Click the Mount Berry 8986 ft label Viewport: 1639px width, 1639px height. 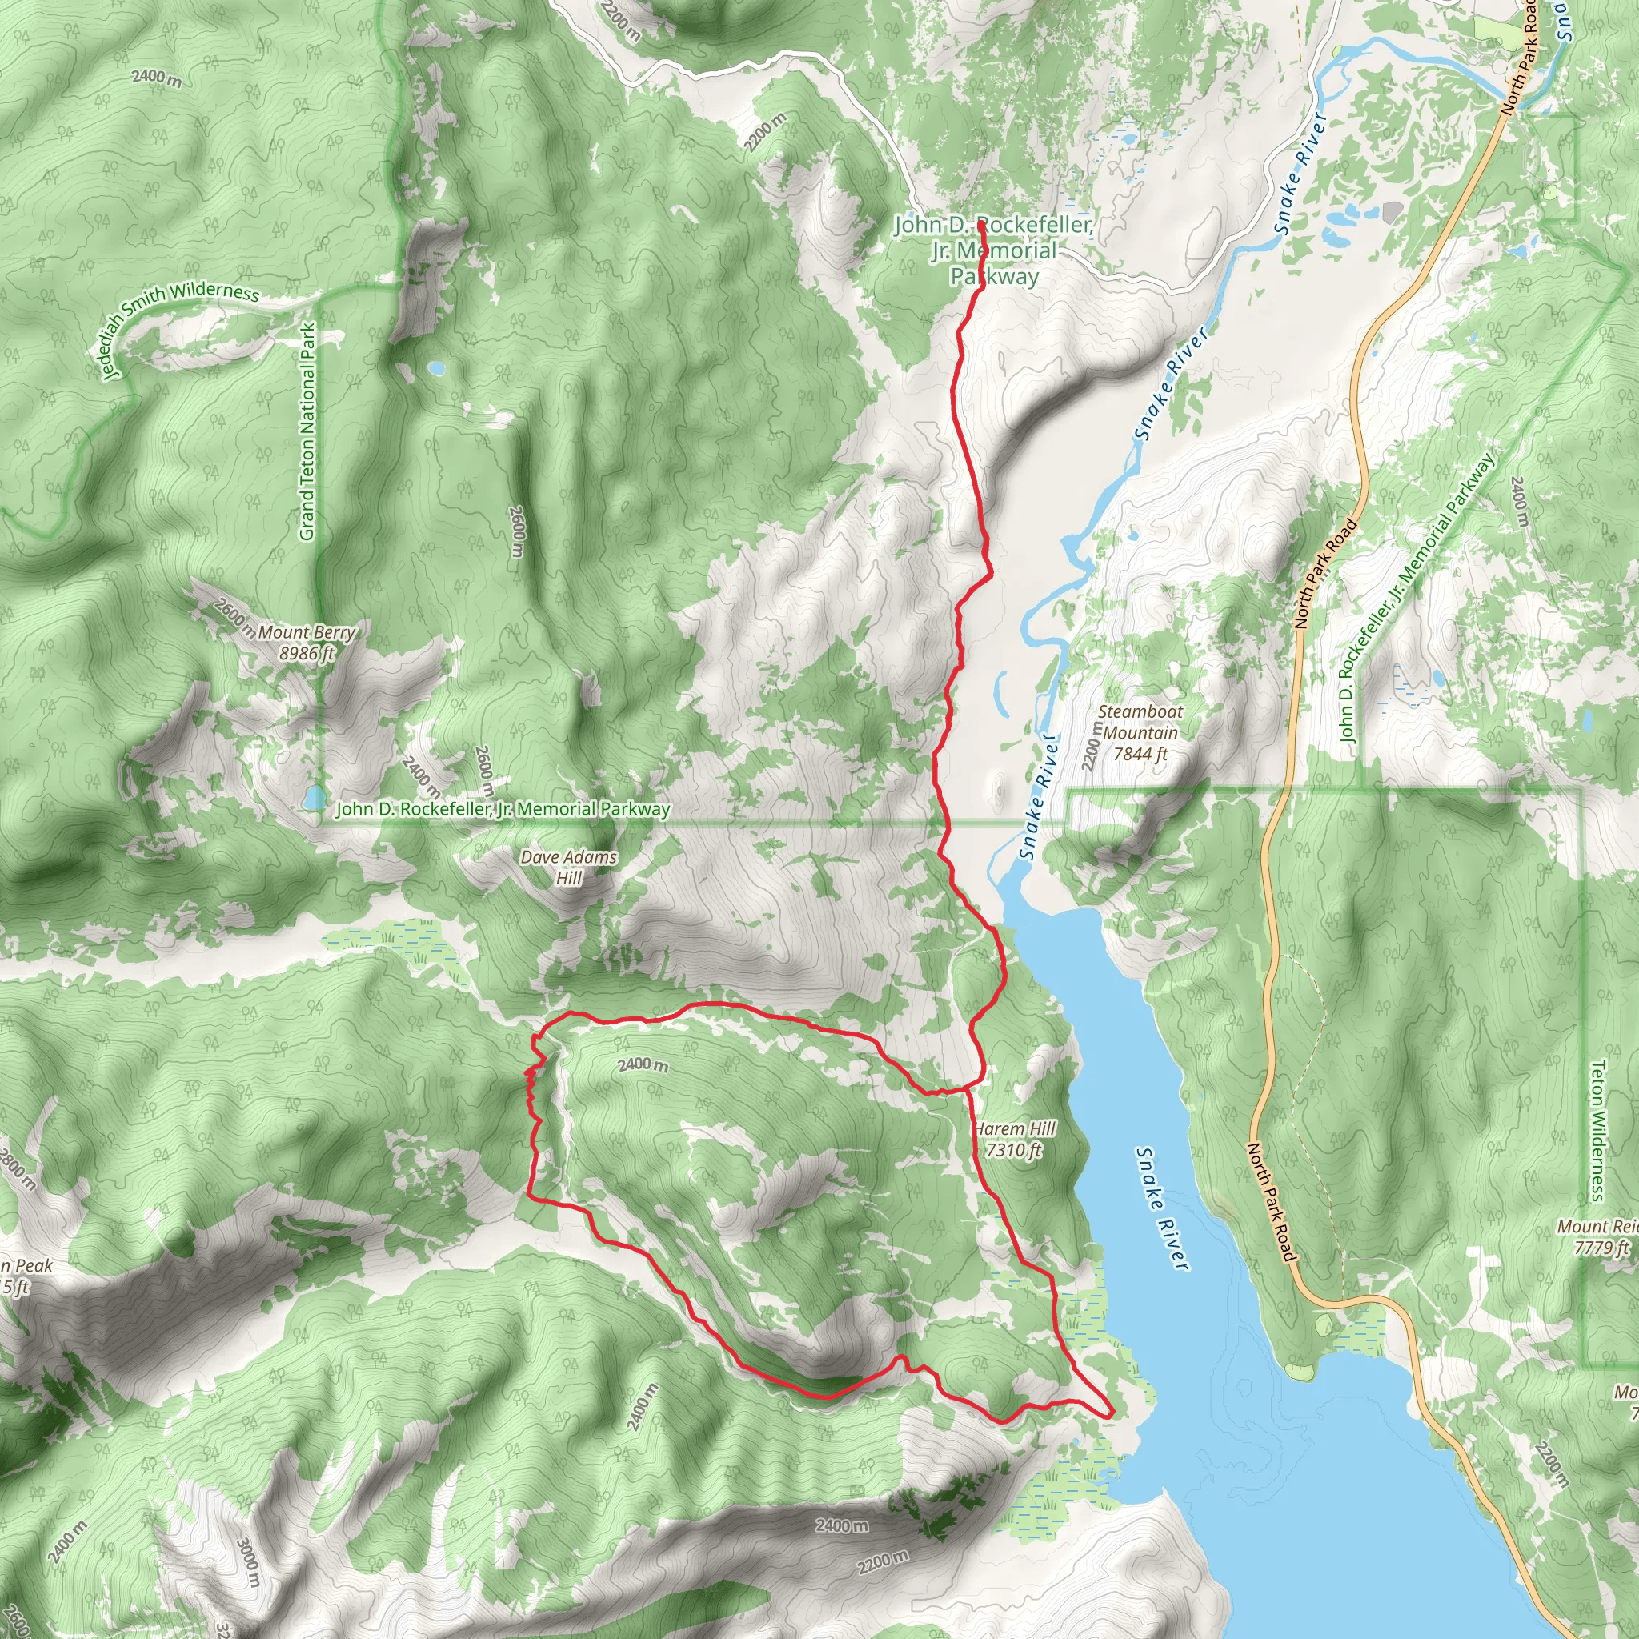(307, 642)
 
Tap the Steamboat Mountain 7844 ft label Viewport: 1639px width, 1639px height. (1140, 733)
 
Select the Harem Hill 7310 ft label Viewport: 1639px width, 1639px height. (1016, 1140)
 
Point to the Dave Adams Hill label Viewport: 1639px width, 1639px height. (568, 867)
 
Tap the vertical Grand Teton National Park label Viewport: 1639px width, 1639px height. (307, 431)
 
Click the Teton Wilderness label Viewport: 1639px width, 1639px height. (1597, 1131)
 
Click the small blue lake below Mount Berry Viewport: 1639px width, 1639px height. (315, 797)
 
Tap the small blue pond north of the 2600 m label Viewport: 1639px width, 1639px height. (435, 368)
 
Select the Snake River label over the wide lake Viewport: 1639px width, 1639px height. (1162, 1209)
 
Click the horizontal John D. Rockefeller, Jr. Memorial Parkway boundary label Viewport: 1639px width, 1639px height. (503, 809)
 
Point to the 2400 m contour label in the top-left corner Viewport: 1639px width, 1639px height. (156, 78)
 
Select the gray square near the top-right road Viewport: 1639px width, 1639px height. (1393, 212)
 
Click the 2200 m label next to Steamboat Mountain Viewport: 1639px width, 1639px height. (1092, 747)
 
